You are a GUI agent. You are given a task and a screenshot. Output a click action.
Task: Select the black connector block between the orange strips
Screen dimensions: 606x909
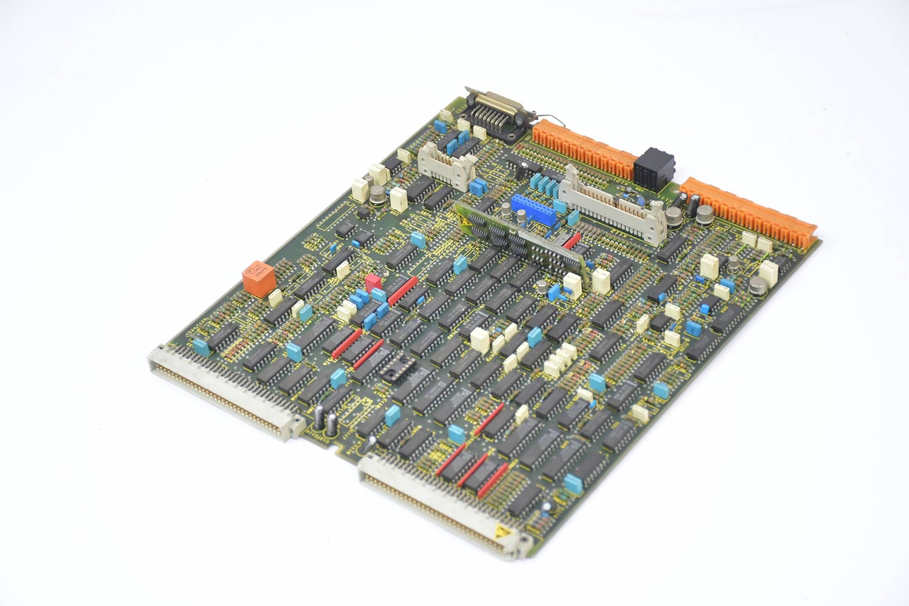coord(654,168)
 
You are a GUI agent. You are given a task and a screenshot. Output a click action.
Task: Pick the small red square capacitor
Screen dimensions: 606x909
coord(373,282)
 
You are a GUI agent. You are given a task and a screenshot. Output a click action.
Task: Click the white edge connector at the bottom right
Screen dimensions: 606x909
coord(438,505)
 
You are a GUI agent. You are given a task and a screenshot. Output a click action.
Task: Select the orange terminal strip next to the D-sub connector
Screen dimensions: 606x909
coord(585,147)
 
